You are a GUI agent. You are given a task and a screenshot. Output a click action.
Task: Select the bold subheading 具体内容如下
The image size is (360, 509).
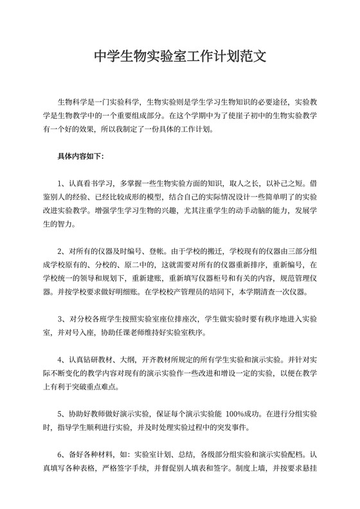pyautogui.click(x=76, y=156)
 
